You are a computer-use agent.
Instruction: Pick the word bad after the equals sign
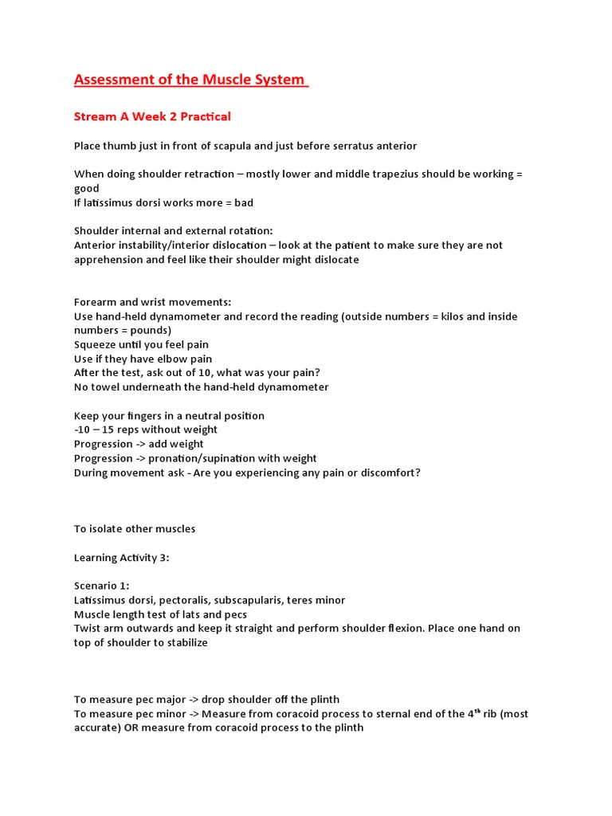pyautogui.click(x=240, y=202)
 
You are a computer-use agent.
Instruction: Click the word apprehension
pyautogui.click(x=109, y=260)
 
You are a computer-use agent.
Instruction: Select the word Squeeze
pyautogui.click(x=96, y=344)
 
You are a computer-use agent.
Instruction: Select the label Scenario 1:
pyautogui.click(x=100, y=586)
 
